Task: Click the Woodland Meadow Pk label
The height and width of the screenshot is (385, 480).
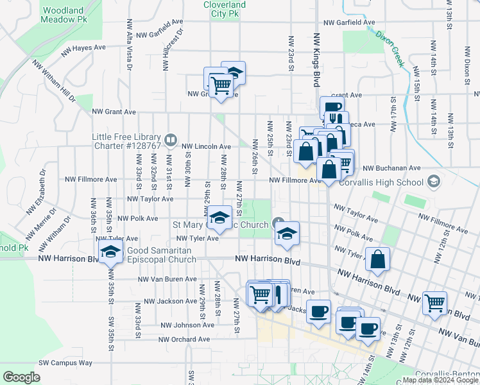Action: click(x=64, y=15)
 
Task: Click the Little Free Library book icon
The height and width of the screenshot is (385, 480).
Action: click(x=171, y=139)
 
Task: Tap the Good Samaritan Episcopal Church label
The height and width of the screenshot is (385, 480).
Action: click(x=162, y=255)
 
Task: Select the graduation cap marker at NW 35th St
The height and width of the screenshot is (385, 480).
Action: click(x=110, y=252)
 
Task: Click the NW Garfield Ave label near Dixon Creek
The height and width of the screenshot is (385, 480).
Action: click(x=349, y=22)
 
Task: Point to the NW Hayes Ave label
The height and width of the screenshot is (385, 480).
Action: click(x=83, y=48)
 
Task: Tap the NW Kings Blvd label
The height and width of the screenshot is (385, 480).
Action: click(x=316, y=60)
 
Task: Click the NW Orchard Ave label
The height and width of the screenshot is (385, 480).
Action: click(x=184, y=339)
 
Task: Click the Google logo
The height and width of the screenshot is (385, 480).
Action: click(x=21, y=377)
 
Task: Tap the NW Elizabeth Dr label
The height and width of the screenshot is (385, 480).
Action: click(x=36, y=200)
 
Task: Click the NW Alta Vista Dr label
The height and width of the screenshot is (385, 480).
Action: click(x=130, y=44)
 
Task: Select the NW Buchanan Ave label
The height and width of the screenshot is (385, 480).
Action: click(x=391, y=168)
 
